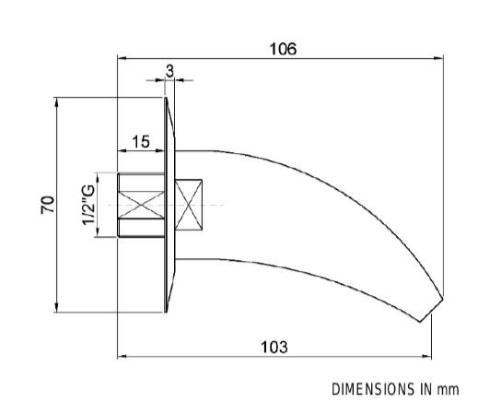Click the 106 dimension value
283,49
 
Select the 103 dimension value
274,347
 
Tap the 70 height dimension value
48,205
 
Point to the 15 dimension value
141,142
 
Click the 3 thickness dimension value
169,71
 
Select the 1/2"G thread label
88,205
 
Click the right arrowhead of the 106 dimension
438,58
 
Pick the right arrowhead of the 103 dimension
426,357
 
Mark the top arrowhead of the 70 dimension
56,102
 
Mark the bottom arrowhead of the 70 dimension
56,307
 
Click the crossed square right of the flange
189,205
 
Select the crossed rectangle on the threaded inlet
141,205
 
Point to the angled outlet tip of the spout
431,310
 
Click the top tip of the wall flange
166,98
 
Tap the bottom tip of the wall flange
166,312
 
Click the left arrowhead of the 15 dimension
122,150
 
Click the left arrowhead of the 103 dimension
122,357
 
